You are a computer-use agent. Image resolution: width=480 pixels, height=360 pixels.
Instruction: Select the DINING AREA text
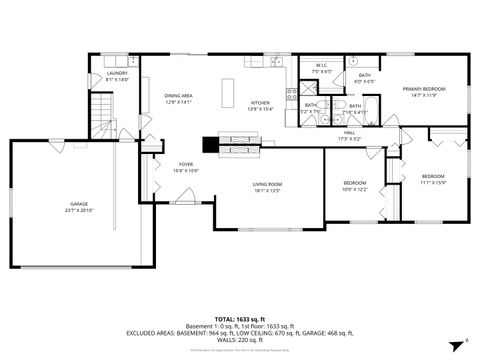(178, 95)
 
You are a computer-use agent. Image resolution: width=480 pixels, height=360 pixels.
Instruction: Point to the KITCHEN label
(260, 103)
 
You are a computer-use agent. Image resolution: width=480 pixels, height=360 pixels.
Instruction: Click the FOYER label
(186, 164)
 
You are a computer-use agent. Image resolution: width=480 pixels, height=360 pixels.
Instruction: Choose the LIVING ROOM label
(266, 184)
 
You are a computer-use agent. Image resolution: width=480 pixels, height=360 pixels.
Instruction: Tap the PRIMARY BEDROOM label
(424, 89)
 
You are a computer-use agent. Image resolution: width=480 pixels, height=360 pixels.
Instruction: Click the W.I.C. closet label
(322, 67)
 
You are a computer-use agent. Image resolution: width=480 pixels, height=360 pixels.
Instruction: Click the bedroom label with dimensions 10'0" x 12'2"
(355, 183)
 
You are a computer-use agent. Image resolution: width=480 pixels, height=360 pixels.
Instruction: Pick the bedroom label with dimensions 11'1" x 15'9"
(433, 176)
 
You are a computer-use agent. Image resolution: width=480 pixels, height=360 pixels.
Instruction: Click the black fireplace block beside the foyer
(208, 143)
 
